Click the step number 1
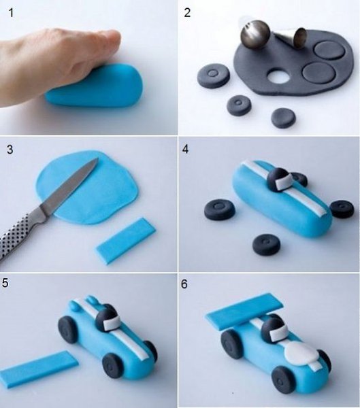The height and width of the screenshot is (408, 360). pyautogui.click(x=11, y=12)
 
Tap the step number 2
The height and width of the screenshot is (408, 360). pyautogui.click(x=187, y=13)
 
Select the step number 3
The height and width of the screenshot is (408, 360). pyautogui.click(x=10, y=150)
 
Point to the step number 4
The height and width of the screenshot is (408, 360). pyautogui.click(x=185, y=149)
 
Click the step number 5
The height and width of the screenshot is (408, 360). pyautogui.click(x=5, y=284)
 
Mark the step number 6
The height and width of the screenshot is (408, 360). pyautogui.click(x=184, y=284)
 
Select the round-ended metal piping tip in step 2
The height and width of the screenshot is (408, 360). pyautogui.click(x=255, y=35)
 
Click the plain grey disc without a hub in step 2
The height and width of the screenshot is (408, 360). pyautogui.click(x=283, y=118)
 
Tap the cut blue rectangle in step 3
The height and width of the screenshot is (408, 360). pyautogui.click(x=126, y=241)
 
